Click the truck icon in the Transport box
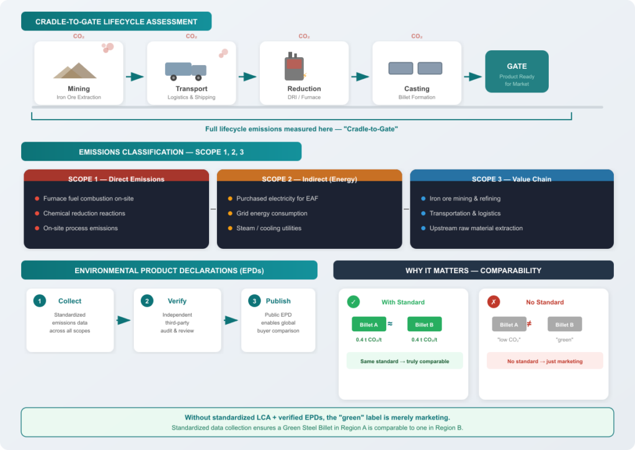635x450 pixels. [185, 71]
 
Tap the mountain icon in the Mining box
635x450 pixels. [75, 71]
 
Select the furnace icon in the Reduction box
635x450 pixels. [294, 68]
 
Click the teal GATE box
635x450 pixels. [517, 71]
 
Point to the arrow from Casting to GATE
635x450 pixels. [473, 77]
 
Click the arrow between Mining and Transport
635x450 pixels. [135, 77]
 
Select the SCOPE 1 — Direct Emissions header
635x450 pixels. [116, 179]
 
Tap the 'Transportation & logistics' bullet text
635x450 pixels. [464, 214]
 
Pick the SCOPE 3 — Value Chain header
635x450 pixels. [511, 179]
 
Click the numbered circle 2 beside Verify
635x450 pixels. [147, 301]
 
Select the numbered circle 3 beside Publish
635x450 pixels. [254, 301]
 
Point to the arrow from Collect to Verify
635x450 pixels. [124, 320]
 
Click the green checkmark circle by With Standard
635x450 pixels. [353, 302]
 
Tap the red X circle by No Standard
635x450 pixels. [494, 302]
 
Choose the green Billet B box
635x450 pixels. [424, 325]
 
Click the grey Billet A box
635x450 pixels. [508, 325]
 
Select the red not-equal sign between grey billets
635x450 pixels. [529, 324]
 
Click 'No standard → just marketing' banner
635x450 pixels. [544, 361]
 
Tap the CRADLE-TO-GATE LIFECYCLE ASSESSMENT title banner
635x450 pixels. [116, 22]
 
